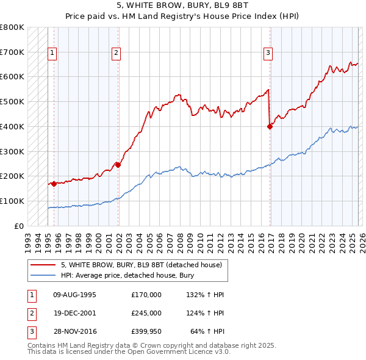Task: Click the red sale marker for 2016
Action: point(270,127)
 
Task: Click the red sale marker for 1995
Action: point(54,183)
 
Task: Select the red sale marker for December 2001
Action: point(118,165)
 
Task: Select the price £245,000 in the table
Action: point(146,313)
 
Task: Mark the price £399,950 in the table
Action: point(146,331)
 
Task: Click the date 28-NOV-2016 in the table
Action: point(74,331)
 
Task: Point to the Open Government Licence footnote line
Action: point(129,351)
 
